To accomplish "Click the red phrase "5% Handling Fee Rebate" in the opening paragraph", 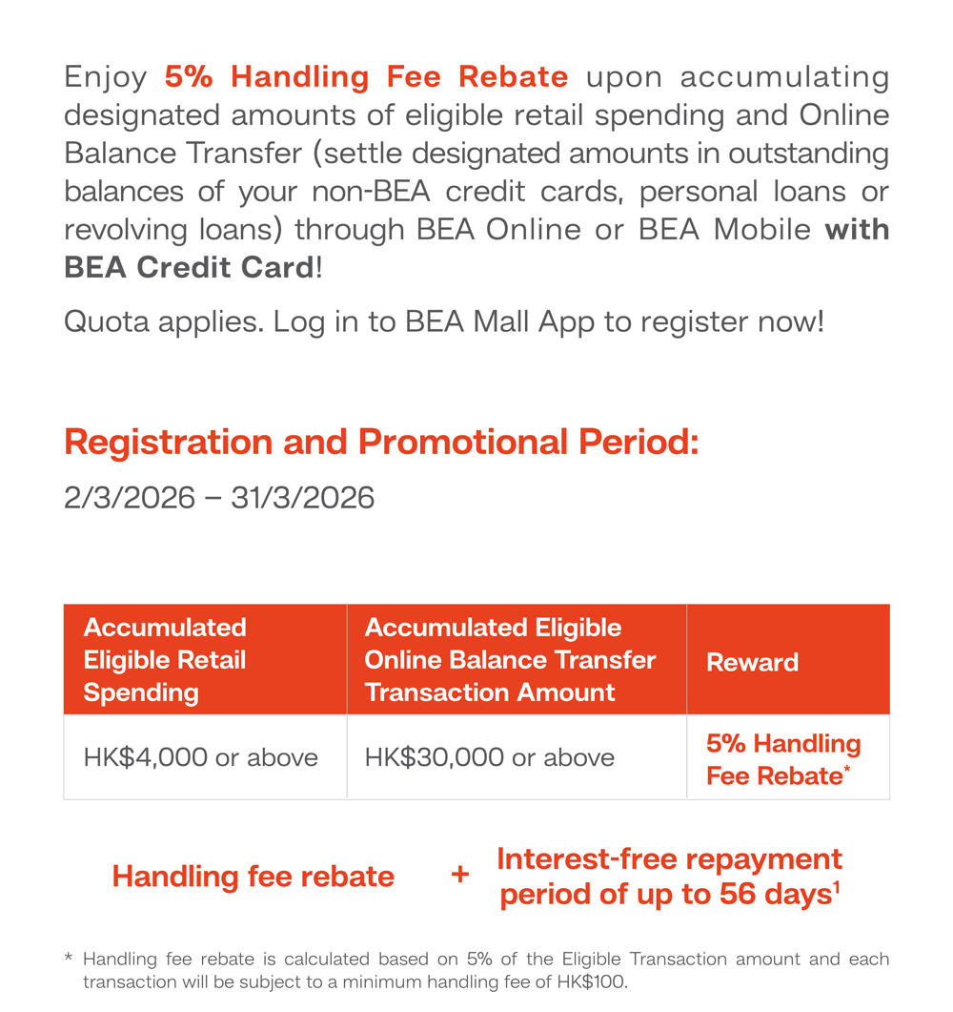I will click(x=366, y=76).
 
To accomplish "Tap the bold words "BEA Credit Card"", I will click(x=188, y=268).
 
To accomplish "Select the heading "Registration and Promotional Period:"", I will click(x=381, y=443).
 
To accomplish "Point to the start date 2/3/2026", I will click(x=130, y=498).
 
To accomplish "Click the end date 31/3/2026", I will click(x=302, y=498).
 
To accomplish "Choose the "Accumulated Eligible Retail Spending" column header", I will click(x=165, y=660).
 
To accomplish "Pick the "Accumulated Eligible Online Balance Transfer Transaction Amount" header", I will click(x=510, y=660).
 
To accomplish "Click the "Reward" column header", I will click(x=752, y=663).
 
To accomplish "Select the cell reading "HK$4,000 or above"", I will click(x=201, y=757).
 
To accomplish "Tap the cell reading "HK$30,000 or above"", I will click(x=490, y=757).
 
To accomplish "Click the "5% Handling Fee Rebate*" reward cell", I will click(x=782, y=759).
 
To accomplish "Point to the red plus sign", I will click(x=460, y=875).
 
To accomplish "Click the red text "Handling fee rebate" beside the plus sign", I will click(x=253, y=877).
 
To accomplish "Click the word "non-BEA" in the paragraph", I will click(x=368, y=192).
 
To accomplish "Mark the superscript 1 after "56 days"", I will click(x=836, y=888).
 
